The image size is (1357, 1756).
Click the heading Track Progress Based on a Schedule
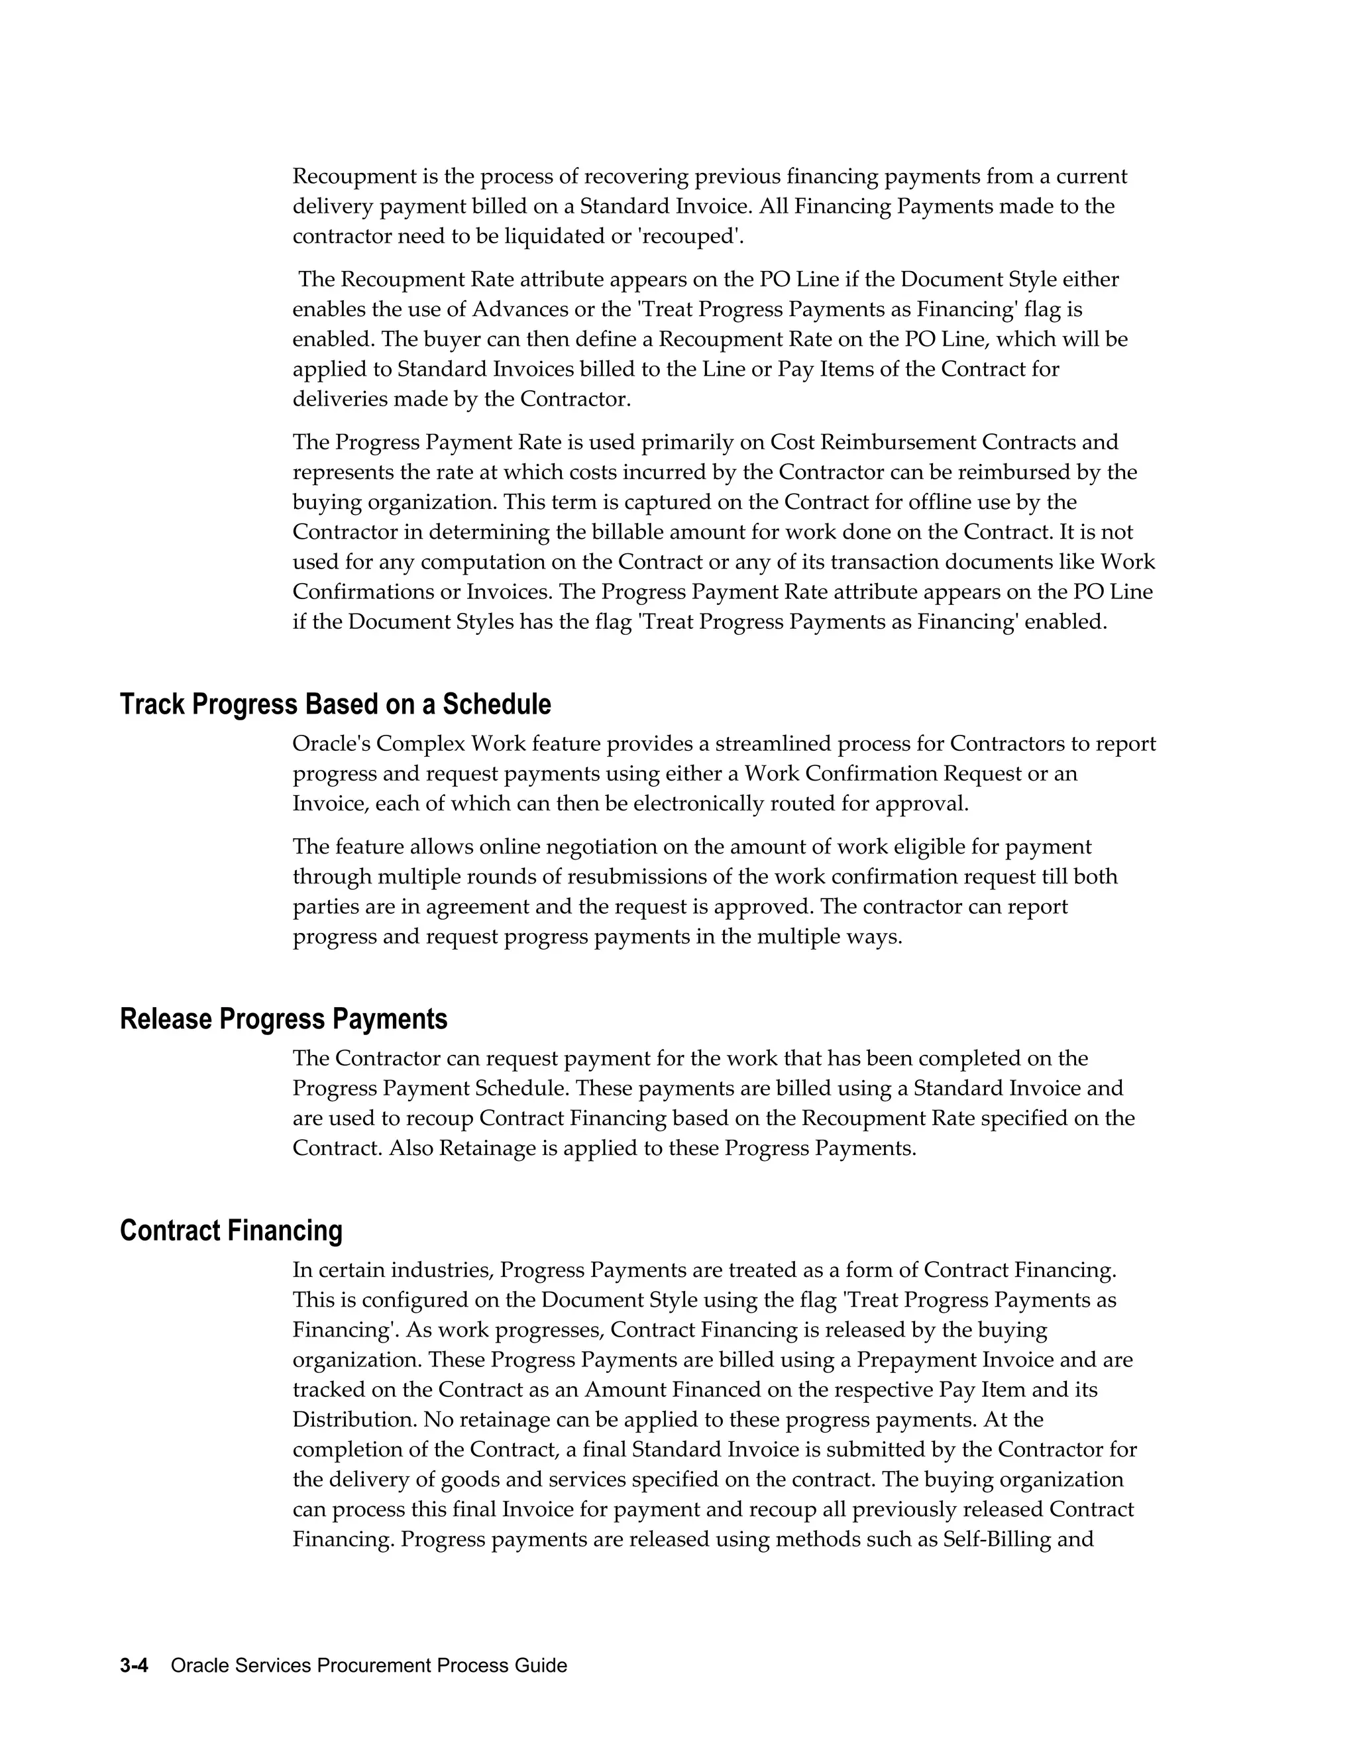point(335,704)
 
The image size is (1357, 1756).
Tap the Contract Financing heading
point(231,1230)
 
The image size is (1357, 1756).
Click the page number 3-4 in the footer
point(135,1665)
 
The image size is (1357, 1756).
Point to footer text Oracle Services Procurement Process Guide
point(369,1665)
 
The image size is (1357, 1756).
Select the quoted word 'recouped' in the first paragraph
point(700,237)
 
